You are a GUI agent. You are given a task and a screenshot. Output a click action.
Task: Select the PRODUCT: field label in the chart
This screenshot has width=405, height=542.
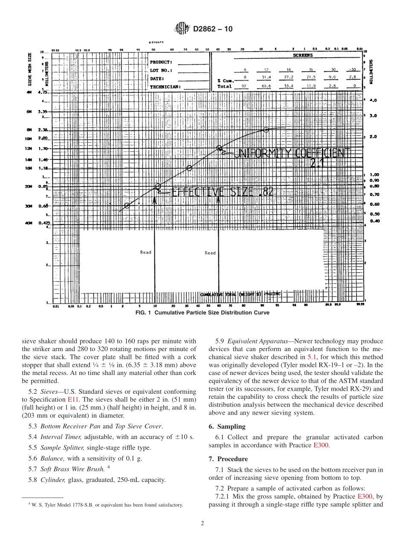161,62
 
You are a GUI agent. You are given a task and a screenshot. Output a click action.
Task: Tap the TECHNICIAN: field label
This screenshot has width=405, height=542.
165,86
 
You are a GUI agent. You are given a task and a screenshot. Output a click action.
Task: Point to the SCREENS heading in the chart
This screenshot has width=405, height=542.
303,55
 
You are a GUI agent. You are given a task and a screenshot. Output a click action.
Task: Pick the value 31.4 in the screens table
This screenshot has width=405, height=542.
266,77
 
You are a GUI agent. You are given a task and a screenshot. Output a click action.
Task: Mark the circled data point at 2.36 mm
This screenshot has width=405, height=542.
266,130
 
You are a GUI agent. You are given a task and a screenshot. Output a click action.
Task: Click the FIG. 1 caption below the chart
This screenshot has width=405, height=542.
202,312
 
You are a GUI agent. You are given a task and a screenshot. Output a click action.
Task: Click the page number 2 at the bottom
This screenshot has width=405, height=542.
202,523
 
